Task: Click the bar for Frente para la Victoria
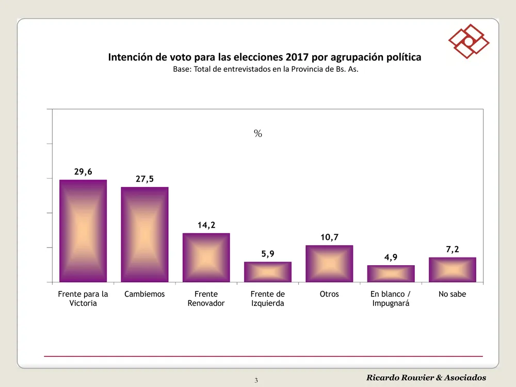[x=83, y=231]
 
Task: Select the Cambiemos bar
[x=144, y=234]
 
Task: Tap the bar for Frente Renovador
[x=206, y=257]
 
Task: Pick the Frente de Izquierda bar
[x=267, y=272]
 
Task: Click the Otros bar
[x=329, y=264]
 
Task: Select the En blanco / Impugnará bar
[x=391, y=273]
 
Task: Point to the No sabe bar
[x=452, y=269]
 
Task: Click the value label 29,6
[x=83, y=172]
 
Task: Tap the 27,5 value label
[x=144, y=179]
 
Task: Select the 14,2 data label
[x=206, y=225]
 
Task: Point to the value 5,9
[x=267, y=254]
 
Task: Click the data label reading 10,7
[x=329, y=237]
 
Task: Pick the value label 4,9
[x=391, y=257]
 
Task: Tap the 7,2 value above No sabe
[x=452, y=250]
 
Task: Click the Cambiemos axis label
[x=144, y=294]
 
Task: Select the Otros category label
[x=329, y=294]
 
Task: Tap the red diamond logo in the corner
[x=468, y=41]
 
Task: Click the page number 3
[x=256, y=381]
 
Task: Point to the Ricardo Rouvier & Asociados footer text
[x=426, y=378]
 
